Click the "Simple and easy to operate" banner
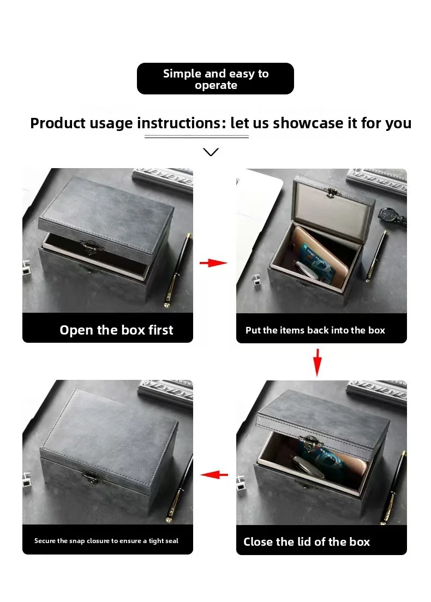click(215, 79)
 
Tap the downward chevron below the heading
click(211, 152)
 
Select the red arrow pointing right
click(213, 263)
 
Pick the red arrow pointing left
click(214, 475)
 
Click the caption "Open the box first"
click(116, 330)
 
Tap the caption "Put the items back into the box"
click(315, 330)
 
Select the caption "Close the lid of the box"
click(307, 542)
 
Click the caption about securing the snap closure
click(106, 541)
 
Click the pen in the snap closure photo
click(180, 486)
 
